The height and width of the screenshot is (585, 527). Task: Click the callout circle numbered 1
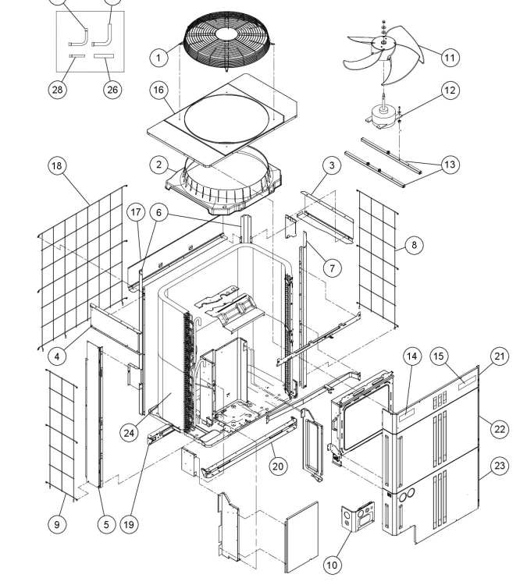(159, 57)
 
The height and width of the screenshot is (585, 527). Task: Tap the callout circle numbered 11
(450, 57)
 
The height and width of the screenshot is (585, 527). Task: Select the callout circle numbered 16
(159, 90)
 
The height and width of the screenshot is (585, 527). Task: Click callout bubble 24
(129, 431)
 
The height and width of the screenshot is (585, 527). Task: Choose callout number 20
(279, 466)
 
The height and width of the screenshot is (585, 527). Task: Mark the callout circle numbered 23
(497, 466)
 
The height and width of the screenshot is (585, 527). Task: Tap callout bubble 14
(412, 356)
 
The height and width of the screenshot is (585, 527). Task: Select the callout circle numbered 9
(56, 524)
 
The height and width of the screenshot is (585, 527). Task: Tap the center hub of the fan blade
(384, 47)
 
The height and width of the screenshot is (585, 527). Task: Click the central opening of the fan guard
(228, 33)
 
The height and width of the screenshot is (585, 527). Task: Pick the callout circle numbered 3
(332, 166)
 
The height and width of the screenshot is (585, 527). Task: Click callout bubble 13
(450, 165)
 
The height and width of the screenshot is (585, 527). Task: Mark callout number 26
(113, 89)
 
